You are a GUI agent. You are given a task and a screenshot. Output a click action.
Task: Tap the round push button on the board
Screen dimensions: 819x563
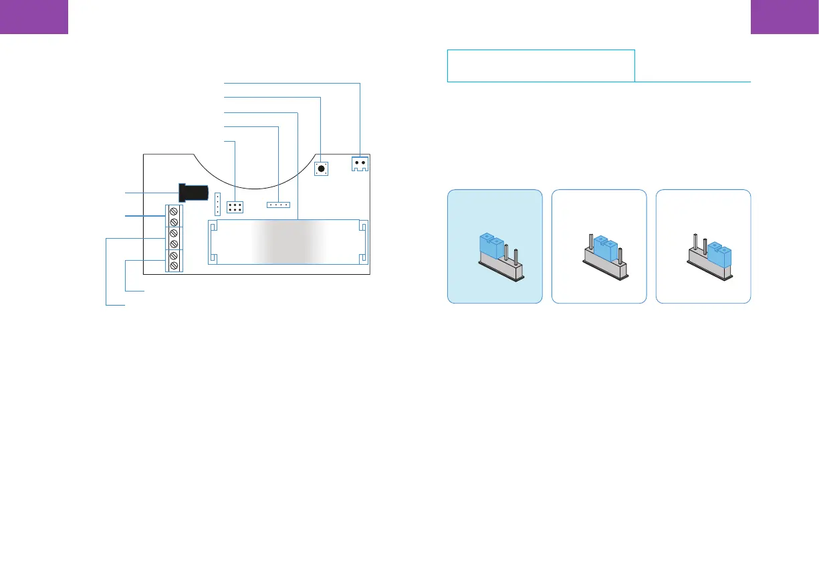322,168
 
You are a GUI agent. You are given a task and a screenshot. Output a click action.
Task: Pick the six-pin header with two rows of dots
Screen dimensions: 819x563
235,207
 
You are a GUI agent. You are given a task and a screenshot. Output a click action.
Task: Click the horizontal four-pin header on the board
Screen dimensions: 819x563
279,204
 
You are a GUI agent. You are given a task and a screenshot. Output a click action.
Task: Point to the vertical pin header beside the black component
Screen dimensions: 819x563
217,200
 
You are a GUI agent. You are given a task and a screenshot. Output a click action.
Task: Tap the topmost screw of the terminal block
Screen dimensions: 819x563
174,210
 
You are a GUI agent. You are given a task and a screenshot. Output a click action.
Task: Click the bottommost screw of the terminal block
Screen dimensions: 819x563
174,267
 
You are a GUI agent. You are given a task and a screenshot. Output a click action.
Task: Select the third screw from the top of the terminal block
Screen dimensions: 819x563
174,233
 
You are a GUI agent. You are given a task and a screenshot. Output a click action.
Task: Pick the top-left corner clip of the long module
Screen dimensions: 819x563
213,227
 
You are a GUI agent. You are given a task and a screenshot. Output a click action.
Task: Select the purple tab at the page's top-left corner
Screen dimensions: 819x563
34,16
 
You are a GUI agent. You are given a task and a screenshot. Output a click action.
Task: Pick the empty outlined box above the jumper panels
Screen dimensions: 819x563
540,65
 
